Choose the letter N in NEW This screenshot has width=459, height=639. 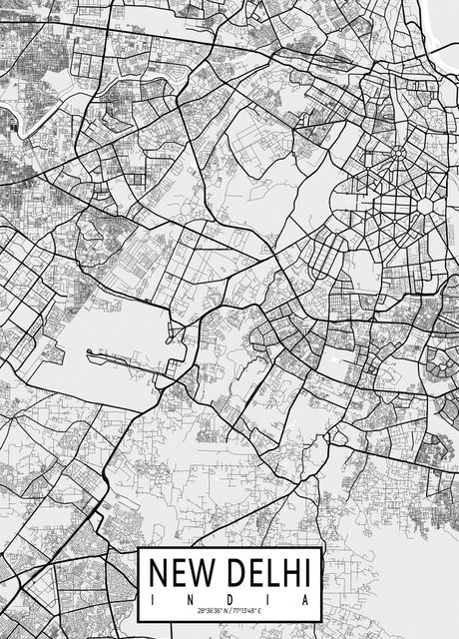160,573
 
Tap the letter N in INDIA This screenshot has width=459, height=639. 192,598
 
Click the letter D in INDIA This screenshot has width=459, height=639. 231,598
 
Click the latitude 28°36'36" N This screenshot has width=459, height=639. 211,610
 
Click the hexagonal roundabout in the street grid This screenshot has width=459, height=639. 424,204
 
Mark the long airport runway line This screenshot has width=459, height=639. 125,353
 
